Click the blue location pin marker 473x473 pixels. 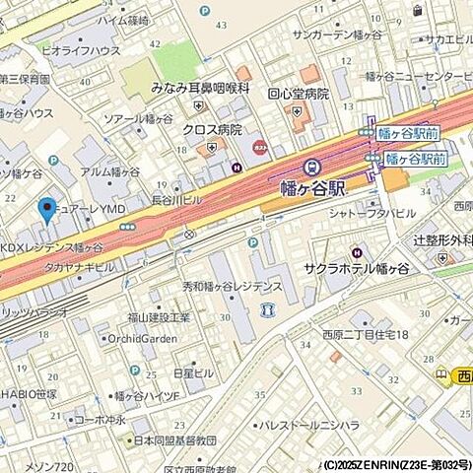(45, 210)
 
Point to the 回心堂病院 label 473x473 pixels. (297, 96)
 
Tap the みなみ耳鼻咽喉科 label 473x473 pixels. (198, 87)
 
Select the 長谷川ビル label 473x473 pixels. (177, 199)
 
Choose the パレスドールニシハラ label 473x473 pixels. (308, 427)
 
